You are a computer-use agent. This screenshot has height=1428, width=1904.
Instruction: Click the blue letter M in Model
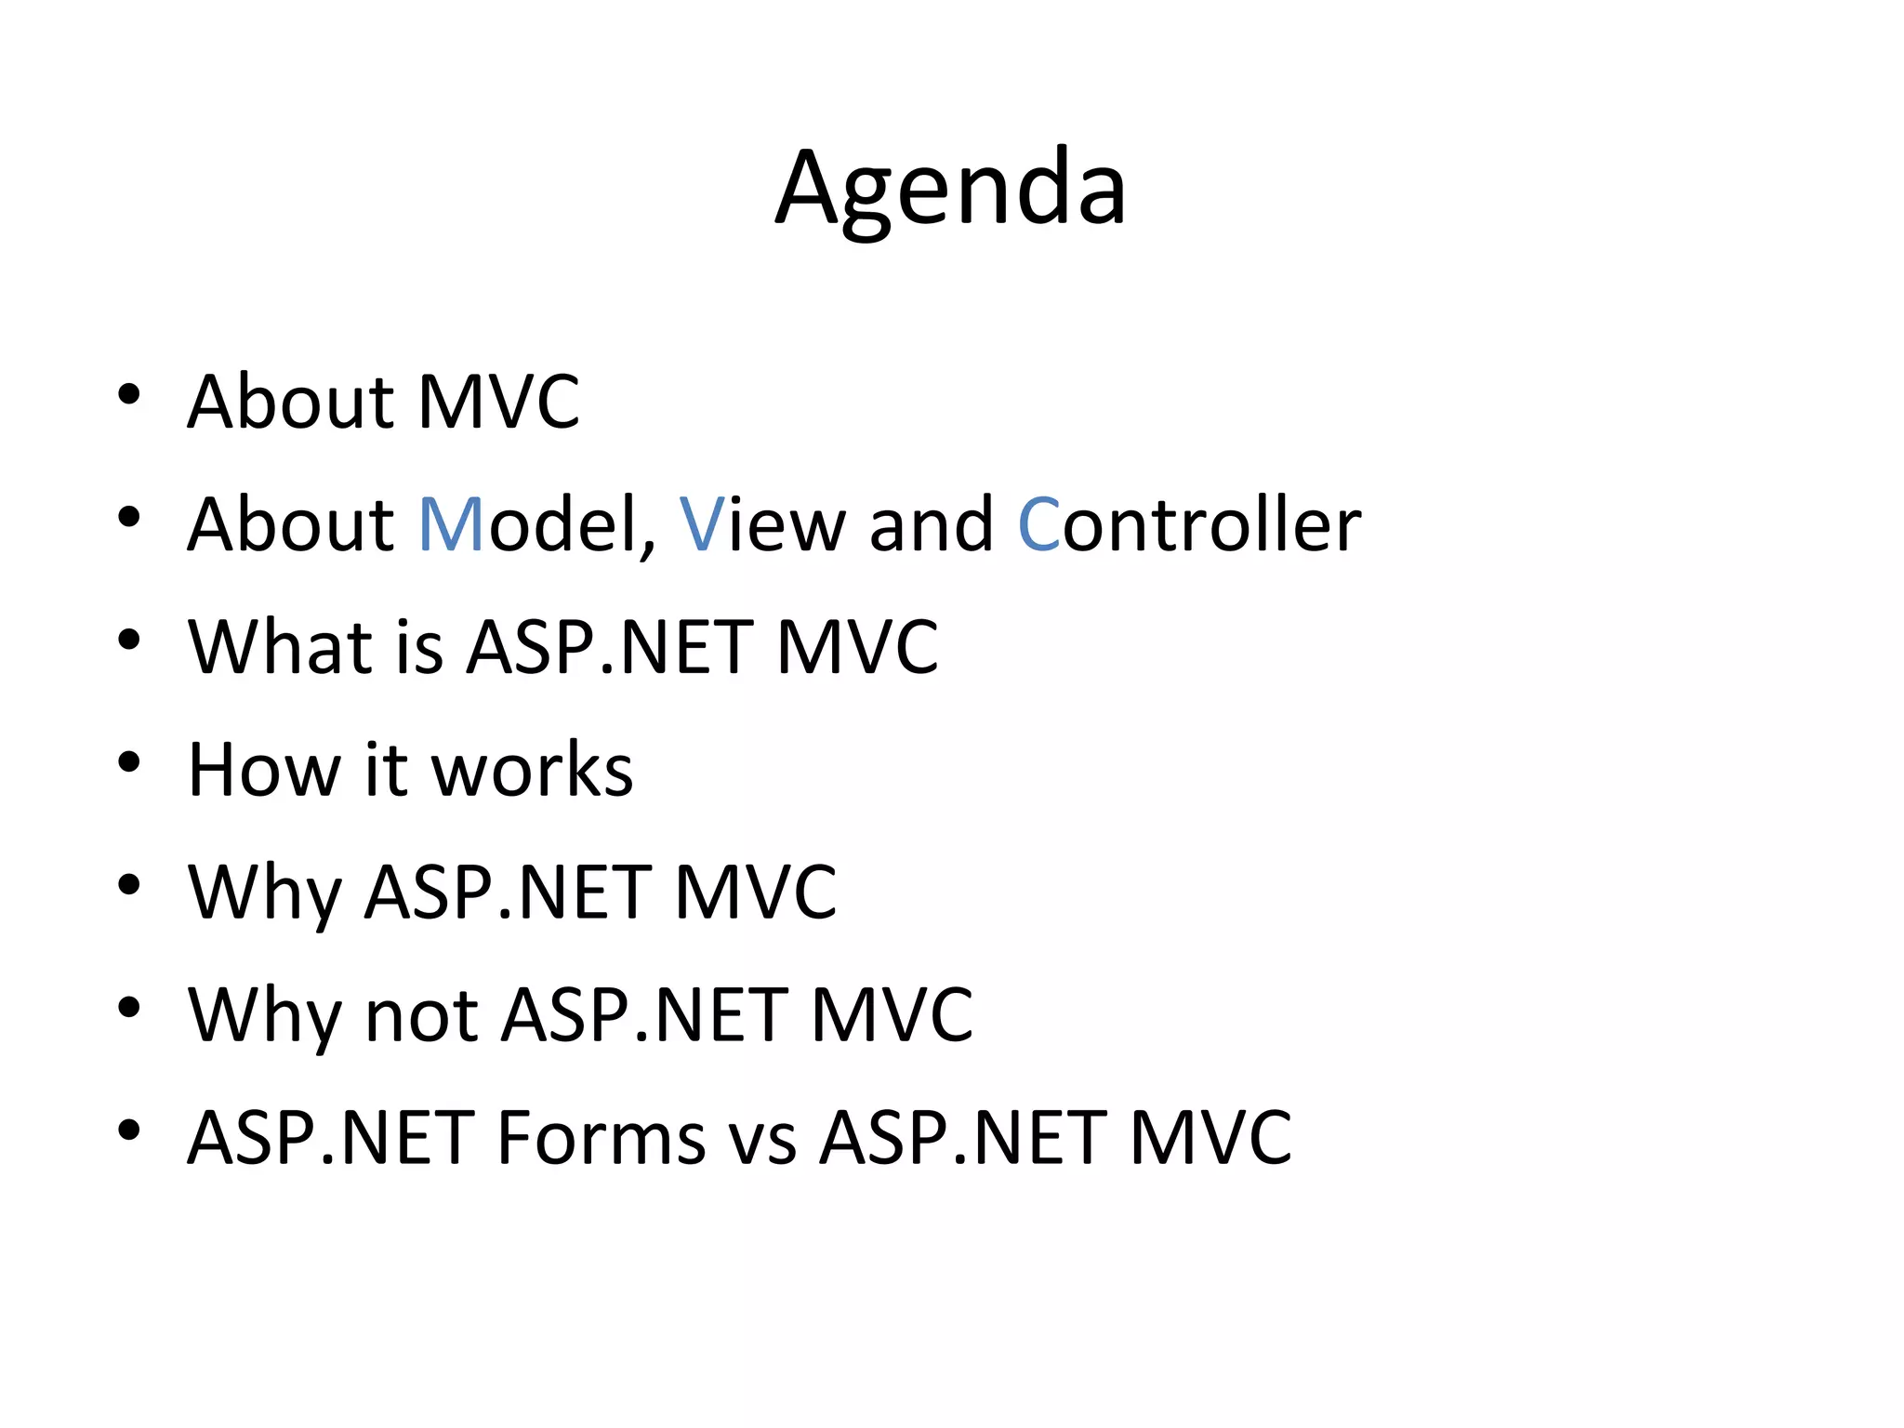(451, 525)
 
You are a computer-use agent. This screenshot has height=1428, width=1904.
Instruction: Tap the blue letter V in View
(702, 525)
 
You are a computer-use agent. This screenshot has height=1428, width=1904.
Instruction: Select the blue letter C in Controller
(1038, 525)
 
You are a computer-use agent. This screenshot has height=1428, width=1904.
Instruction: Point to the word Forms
(601, 1138)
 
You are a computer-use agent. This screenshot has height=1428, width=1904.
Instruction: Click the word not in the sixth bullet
(422, 1016)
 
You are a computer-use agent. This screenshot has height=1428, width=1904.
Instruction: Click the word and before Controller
(931, 525)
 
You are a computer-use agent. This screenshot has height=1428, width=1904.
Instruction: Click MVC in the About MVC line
(498, 403)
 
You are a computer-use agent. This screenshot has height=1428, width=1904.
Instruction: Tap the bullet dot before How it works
(129, 762)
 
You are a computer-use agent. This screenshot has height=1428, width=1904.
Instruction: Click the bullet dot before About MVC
(129, 394)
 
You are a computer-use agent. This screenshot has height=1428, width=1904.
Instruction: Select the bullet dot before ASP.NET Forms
(129, 1130)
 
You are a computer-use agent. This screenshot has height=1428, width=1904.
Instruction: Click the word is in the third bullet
(419, 647)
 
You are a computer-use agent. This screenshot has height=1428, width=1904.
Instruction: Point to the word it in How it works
(386, 771)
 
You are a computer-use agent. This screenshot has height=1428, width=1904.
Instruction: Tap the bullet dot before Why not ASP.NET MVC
(129, 1007)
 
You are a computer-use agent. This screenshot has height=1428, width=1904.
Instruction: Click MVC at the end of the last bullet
(1210, 1138)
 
